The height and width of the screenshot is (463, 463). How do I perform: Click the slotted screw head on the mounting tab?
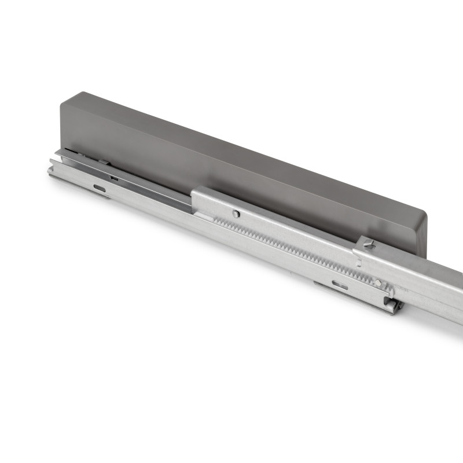369,245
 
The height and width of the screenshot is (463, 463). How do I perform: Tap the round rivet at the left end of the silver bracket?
236,214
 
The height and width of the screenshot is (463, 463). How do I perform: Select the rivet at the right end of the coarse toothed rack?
378,283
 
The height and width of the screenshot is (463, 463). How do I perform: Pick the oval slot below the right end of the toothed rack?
340,285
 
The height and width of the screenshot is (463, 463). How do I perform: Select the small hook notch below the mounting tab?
359,263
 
